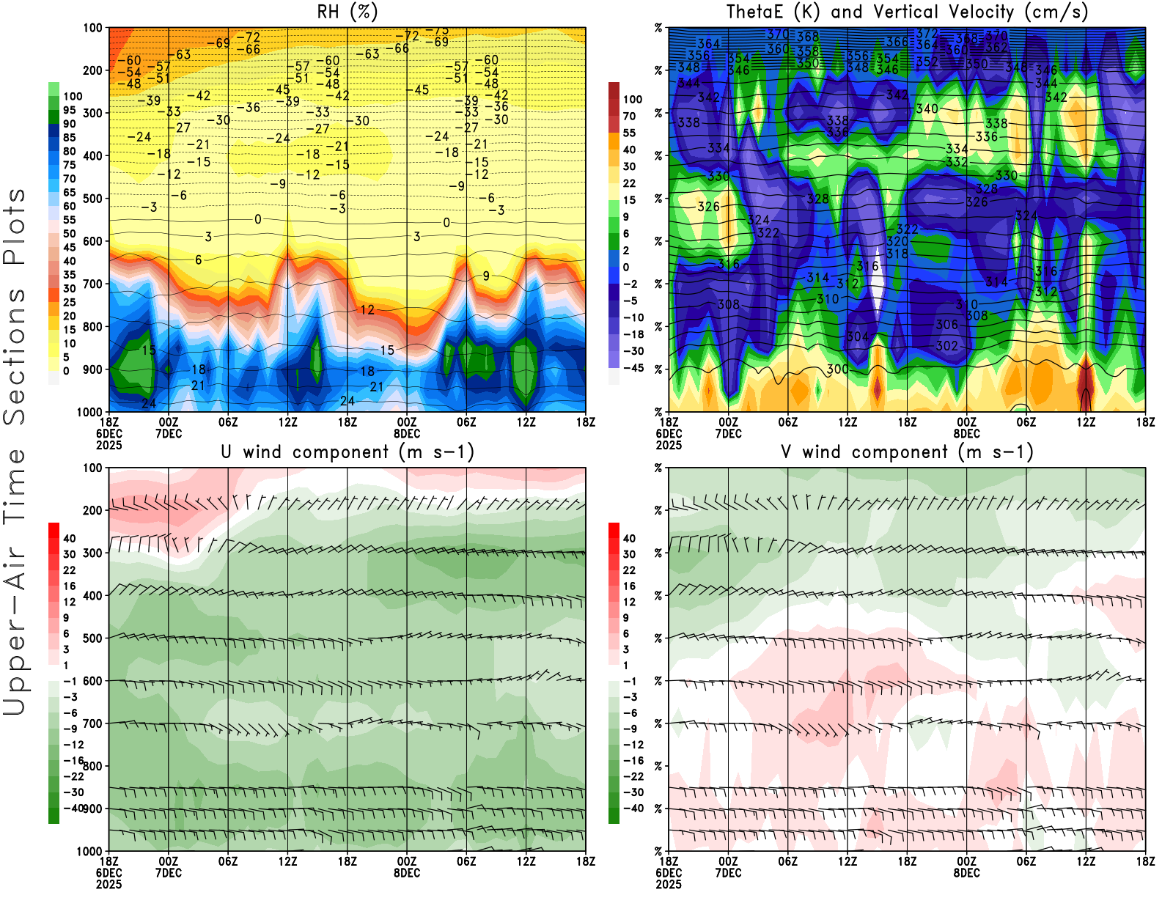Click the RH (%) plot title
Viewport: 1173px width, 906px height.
(348, 12)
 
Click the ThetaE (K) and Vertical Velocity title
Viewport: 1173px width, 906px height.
(907, 12)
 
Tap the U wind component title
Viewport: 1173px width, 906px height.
(348, 452)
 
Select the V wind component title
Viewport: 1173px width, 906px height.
(907, 452)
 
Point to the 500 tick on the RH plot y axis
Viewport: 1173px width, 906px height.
(92, 198)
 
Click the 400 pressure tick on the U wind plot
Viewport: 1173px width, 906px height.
(92, 595)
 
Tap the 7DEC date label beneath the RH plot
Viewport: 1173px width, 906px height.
(169, 433)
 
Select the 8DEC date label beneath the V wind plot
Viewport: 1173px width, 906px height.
(966, 873)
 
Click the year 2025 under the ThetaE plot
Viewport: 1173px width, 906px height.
(669, 445)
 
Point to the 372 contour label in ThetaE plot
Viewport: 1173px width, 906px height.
(927, 33)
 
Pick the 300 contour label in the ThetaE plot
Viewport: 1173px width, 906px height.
(837, 369)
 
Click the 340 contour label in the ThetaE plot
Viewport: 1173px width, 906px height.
(927, 108)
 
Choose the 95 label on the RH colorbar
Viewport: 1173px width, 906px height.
(69, 110)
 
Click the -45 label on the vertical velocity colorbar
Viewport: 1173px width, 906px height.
(633, 368)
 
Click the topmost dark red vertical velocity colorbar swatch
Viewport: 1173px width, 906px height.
(614, 90)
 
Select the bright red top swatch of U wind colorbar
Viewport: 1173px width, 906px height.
(54, 530)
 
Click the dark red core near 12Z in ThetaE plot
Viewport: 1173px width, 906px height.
(1086, 381)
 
